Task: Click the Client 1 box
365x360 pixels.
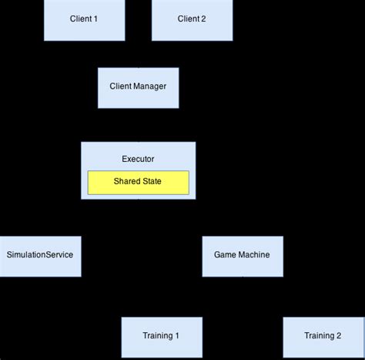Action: (84, 20)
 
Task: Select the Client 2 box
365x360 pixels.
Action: (192, 20)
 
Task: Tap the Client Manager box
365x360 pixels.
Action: (138, 87)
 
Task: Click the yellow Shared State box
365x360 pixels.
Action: (138, 183)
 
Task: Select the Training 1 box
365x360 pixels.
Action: (161, 337)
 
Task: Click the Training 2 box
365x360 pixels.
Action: (323, 337)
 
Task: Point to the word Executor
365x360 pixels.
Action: (138, 159)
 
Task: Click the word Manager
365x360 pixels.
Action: (149, 87)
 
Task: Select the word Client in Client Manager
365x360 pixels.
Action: (121, 87)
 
